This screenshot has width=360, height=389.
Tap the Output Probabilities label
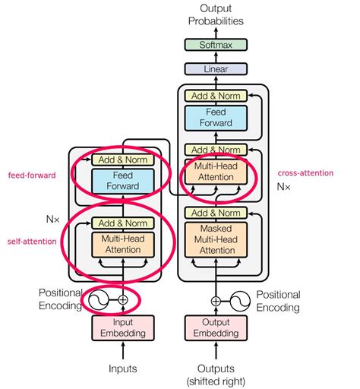216,16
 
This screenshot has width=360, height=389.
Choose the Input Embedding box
122,327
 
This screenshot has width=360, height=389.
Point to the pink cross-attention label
305,173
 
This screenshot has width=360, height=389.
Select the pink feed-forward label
31,175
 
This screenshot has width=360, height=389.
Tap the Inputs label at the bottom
122,368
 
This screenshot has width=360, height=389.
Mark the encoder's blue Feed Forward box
122,181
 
